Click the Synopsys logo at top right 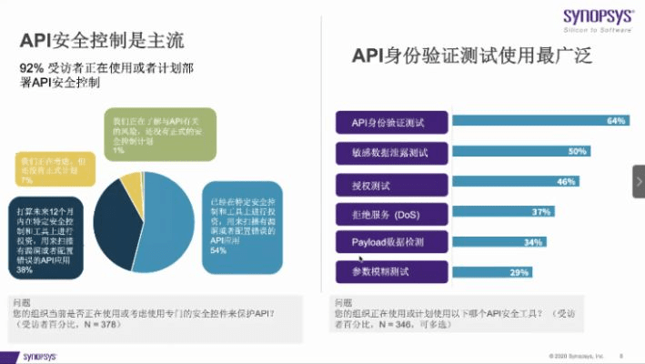pos(596,19)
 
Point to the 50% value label pos(576,151)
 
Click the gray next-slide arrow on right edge pos(638,181)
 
